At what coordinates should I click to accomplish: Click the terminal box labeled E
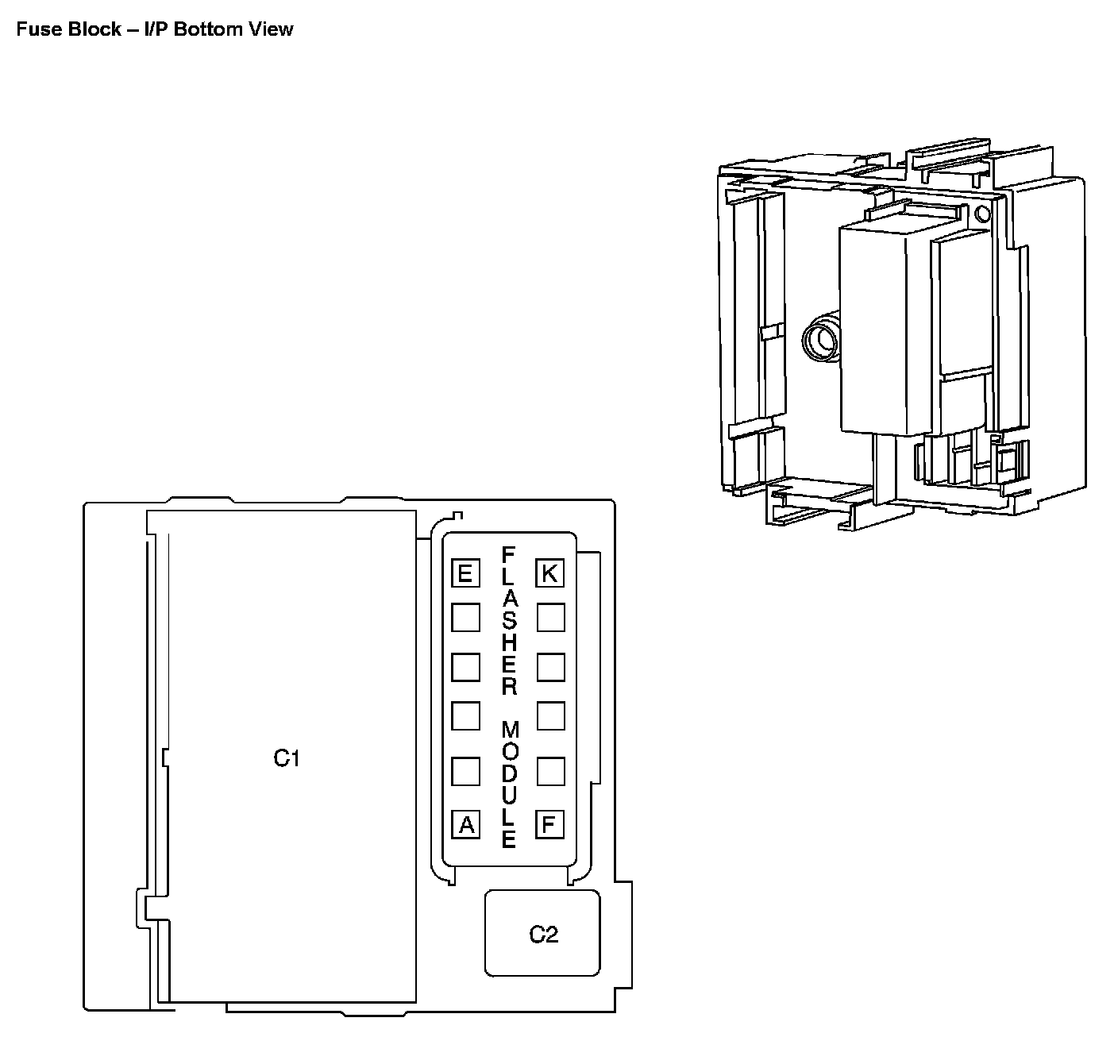[465, 573]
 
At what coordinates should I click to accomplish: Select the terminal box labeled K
[550, 573]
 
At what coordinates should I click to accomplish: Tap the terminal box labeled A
[466, 825]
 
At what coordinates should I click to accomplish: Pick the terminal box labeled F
[549, 824]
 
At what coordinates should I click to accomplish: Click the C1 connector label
[287, 758]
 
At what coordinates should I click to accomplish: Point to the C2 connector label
[544, 935]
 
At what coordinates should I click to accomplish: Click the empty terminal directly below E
[465, 617]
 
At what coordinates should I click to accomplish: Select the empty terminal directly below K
[550, 617]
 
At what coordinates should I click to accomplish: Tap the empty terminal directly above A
[465, 771]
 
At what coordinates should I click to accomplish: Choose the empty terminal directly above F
[550, 771]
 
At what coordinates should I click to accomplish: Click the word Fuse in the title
[35, 29]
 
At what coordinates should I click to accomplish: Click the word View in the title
[275, 29]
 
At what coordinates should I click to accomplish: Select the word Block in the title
[91, 29]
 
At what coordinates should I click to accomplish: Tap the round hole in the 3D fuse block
[819, 340]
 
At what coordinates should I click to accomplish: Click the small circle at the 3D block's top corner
[982, 213]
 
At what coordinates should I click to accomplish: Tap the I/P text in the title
[156, 29]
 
